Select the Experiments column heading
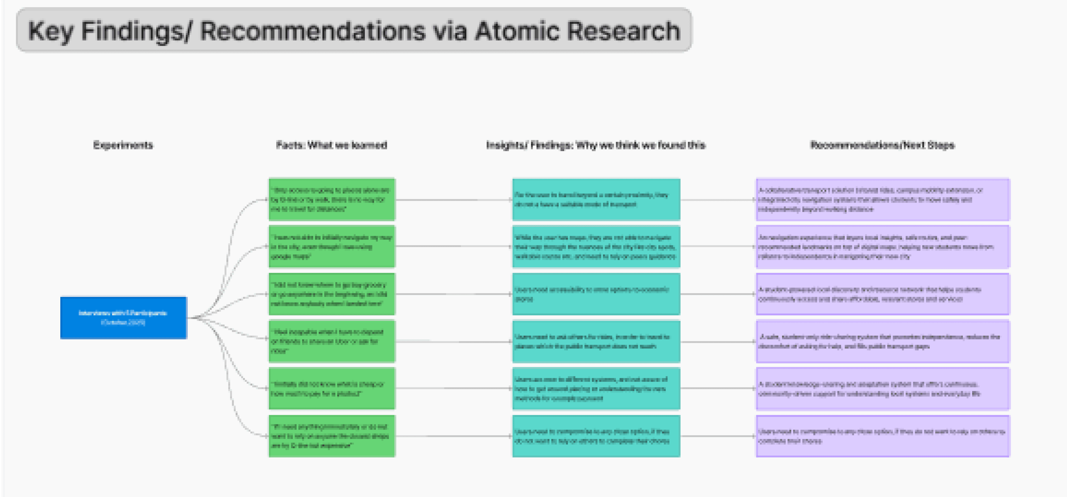pyautogui.click(x=123, y=145)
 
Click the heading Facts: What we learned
pyautogui.click(x=331, y=145)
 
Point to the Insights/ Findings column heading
pyautogui.click(x=596, y=145)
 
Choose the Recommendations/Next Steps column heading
pyautogui.click(x=882, y=145)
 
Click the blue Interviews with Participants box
pyautogui.click(x=123, y=318)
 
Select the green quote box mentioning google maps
pyautogui.click(x=332, y=247)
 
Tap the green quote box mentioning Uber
pyautogui.click(x=332, y=341)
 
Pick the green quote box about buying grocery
pyautogui.click(x=332, y=294)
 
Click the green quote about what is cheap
pyautogui.click(x=332, y=389)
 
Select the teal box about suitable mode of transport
pyautogui.click(x=596, y=200)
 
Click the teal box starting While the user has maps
pyautogui.click(x=596, y=247)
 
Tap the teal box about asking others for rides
pyautogui.click(x=596, y=341)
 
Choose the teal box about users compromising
pyautogui.click(x=596, y=436)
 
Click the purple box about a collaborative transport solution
pyautogui.click(x=883, y=200)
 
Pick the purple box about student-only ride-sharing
pyautogui.click(x=883, y=341)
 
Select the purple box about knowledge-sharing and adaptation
pyautogui.click(x=883, y=389)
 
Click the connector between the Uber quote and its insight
pyautogui.click(x=454, y=342)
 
